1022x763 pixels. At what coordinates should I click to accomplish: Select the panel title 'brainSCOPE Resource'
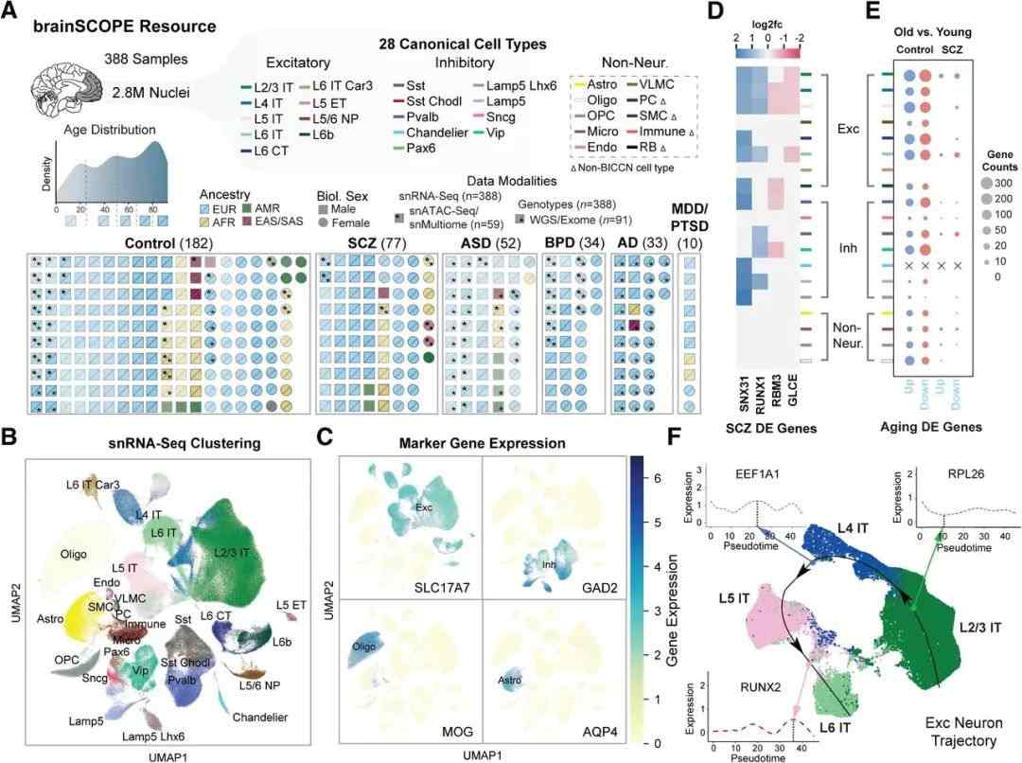pos(129,25)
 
